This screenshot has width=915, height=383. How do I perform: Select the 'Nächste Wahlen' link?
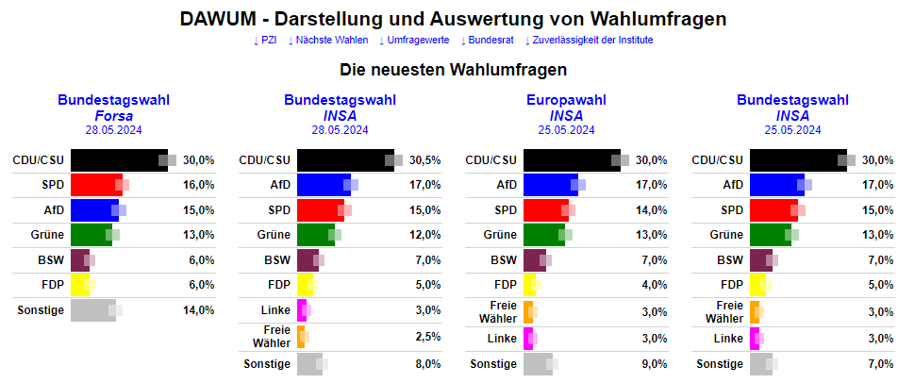tap(328, 40)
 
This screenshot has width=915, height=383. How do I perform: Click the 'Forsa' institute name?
tap(113, 115)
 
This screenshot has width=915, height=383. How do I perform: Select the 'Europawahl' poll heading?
tap(566, 100)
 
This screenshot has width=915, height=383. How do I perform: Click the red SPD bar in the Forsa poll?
tap(94, 184)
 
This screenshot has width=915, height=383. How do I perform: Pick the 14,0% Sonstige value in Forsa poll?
tap(198, 310)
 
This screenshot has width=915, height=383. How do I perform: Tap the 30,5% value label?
tap(424, 160)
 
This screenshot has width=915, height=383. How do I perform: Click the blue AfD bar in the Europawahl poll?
tap(548, 185)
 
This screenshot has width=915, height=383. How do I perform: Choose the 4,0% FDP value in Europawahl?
tap(653, 285)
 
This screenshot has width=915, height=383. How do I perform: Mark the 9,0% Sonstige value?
tap(653, 364)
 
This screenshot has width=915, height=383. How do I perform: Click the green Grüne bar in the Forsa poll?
tap(90, 234)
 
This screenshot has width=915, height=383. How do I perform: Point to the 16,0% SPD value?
tap(198, 185)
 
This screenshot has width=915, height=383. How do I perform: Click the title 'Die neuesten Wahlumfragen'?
tap(453, 70)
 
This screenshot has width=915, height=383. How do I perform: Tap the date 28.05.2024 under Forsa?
tap(113, 130)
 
